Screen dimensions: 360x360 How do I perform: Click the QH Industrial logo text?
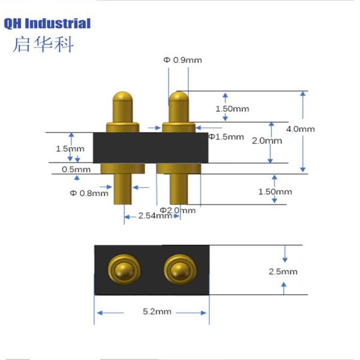[47, 24]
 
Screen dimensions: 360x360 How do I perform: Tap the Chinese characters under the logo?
[43, 44]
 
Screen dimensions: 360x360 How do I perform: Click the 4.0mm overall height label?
[301, 129]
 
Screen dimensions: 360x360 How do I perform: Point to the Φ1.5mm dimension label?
[226, 137]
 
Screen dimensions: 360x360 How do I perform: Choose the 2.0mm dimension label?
[266, 141]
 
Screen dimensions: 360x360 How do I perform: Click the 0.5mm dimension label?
[76, 169]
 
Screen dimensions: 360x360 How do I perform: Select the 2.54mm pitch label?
[155, 215]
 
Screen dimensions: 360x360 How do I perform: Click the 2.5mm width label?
[283, 271]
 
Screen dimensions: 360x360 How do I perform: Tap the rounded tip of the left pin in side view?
[123, 98]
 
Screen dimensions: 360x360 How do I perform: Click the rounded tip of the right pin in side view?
[179, 98]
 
